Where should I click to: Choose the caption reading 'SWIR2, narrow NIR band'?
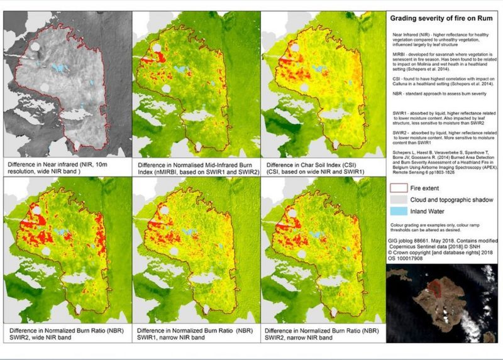point(301,337)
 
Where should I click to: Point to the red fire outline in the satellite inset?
point(434,286)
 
